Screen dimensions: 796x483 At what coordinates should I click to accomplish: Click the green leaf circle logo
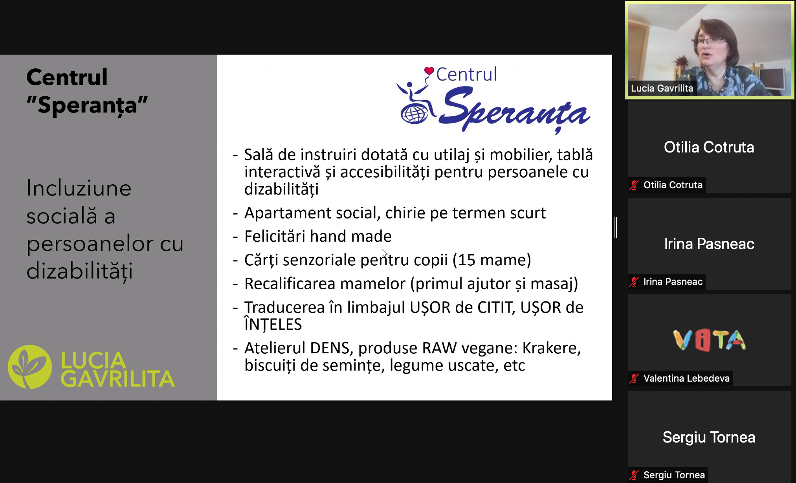coord(30,367)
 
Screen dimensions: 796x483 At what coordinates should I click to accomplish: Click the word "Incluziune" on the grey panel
coord(79,188)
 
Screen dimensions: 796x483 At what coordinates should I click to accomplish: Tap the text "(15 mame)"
coord(492,260)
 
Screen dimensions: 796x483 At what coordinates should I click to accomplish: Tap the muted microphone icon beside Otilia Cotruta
coord(634,185)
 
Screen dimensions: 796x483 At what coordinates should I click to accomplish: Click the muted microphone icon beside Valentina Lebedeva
coord(634,378)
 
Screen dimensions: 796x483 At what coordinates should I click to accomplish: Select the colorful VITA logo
coord(709,340)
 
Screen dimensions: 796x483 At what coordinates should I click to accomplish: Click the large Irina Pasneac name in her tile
coord(709,244)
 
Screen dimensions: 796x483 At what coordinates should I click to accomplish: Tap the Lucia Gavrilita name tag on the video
coord(662,88)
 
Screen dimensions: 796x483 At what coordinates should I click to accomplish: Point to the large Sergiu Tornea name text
coord(709,437)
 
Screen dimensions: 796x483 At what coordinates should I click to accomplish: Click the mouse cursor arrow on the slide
coord(384,253)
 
